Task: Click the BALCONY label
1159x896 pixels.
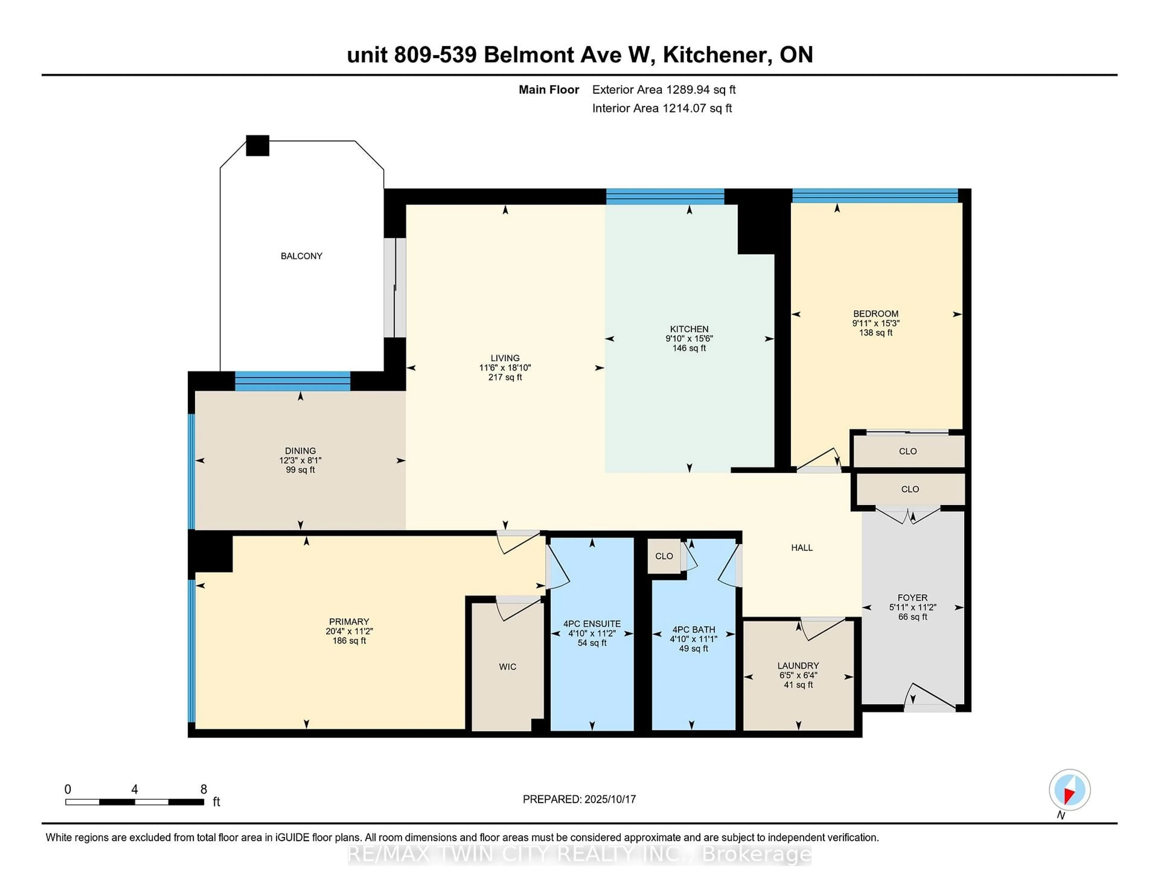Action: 302,256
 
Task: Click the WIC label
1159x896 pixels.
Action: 507,667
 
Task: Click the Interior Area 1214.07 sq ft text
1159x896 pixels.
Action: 662,108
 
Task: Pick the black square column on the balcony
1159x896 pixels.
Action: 257,146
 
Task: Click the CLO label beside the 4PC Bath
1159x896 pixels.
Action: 664,556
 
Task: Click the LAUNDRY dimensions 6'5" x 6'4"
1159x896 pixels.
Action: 798,675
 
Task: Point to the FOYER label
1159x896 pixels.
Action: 912,598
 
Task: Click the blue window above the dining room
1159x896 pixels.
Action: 292,381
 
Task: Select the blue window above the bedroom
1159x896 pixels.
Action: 875,196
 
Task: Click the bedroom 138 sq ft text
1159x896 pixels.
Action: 876,333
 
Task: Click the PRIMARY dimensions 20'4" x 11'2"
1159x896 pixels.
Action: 349,631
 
